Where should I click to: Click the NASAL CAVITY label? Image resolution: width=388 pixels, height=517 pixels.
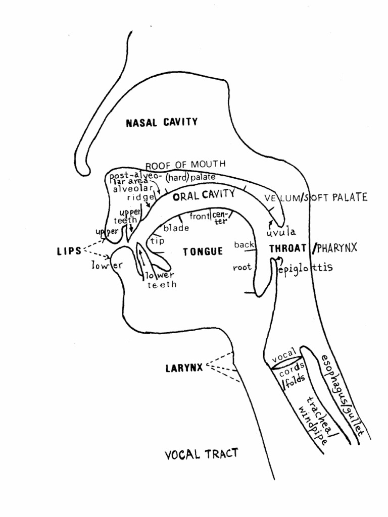pos(162,122)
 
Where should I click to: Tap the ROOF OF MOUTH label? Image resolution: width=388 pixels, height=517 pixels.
pos(185,165)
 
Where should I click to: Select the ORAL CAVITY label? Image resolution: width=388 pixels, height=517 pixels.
pos(204,194)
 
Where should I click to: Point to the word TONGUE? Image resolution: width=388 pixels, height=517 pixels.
pos(203,251)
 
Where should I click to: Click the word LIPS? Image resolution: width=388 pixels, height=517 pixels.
pos(69,250)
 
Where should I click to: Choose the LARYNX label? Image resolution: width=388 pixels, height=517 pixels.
pos(184,368)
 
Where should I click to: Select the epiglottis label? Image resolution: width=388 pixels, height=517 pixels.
pos(306,268)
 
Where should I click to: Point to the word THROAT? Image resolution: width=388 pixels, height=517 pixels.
pos(287,248)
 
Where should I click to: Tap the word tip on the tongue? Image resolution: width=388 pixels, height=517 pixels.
pos(158,241)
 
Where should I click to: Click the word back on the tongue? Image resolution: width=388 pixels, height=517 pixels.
pos(244,245)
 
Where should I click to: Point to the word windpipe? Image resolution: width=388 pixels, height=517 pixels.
pos(308,422)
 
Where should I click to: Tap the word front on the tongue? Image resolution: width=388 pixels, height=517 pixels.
pos(199,217)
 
